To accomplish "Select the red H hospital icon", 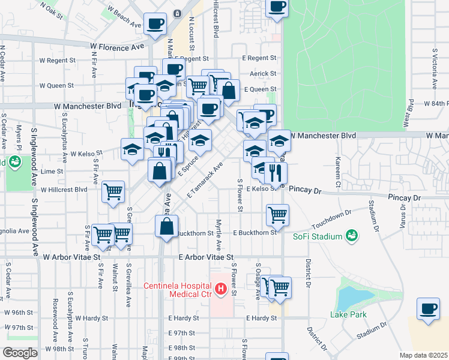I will (220, 290).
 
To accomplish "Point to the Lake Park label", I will (348, 314).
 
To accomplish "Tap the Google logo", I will (19, 353).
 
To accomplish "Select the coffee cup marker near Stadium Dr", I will (428, 309).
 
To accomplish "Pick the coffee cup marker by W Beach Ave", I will (155, 24).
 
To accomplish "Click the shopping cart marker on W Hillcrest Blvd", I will (113, 192).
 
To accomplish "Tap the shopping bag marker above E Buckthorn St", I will (167, 227).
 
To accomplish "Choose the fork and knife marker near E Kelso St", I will (276, 173).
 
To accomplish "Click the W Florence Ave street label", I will (118, 46).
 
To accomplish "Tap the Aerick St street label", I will (263, 73).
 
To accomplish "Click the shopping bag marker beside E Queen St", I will (229, 91).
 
